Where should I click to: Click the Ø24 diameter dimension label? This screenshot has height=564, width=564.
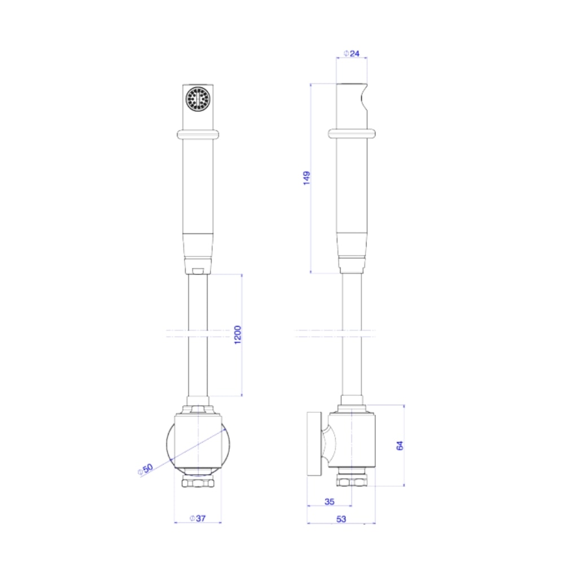coord(351,54)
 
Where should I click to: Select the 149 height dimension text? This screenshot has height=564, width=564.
coord(306,178)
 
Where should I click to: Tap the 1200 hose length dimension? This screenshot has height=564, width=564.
coord(238,334)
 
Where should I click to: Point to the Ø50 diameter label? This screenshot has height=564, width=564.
coord(146,469)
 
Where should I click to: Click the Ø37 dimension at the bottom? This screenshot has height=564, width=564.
coord(198,518)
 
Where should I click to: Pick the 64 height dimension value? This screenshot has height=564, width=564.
coord(400,446)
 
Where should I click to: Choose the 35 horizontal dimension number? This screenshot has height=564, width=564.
coord(329,501)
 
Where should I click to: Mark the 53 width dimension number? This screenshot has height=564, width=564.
coord(341,519)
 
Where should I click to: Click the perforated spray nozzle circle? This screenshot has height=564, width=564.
coord(198,99)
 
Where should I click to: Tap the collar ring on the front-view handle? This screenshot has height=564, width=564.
coord(198,135)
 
